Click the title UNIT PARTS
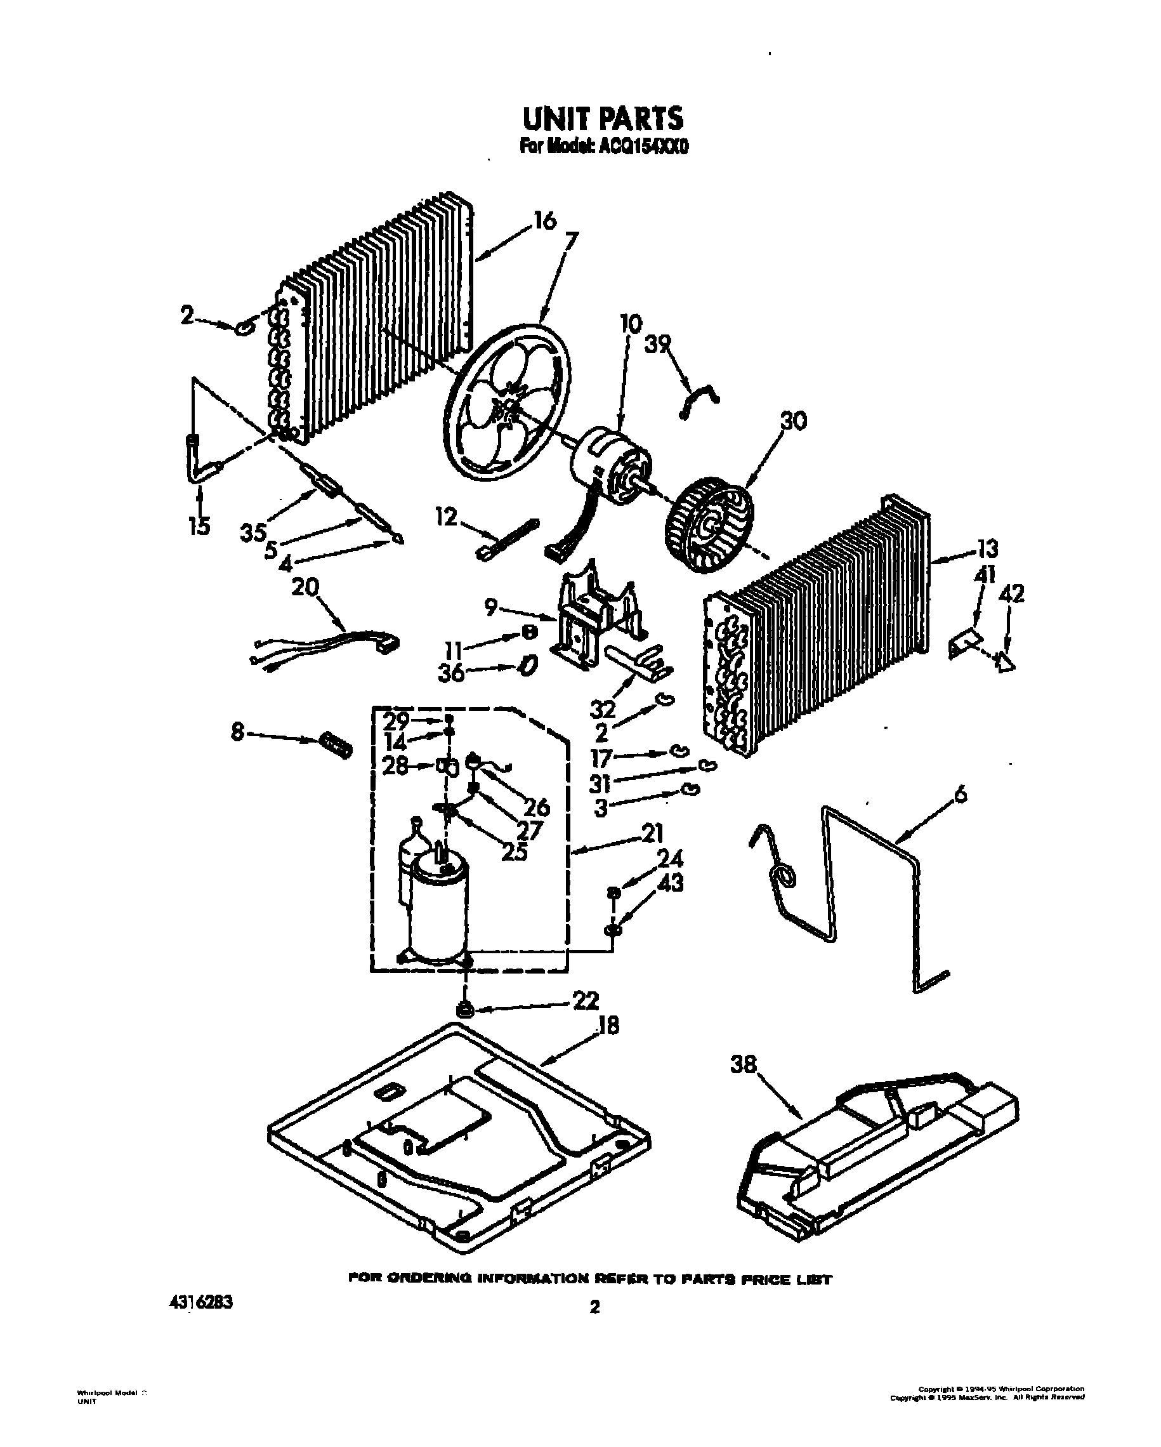coord(602,119)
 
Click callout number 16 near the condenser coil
coord(545,220)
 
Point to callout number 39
coord(657,345)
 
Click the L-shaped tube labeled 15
coord(196,464)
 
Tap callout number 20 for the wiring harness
coord(305,587)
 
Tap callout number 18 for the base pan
coord(607,1025)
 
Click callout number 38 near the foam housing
coord(743,1064)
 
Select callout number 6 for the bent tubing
coord(961,795)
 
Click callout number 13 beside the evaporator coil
coord(986,549)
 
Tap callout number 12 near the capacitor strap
coord(445,517)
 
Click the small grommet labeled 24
coord(613,892)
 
